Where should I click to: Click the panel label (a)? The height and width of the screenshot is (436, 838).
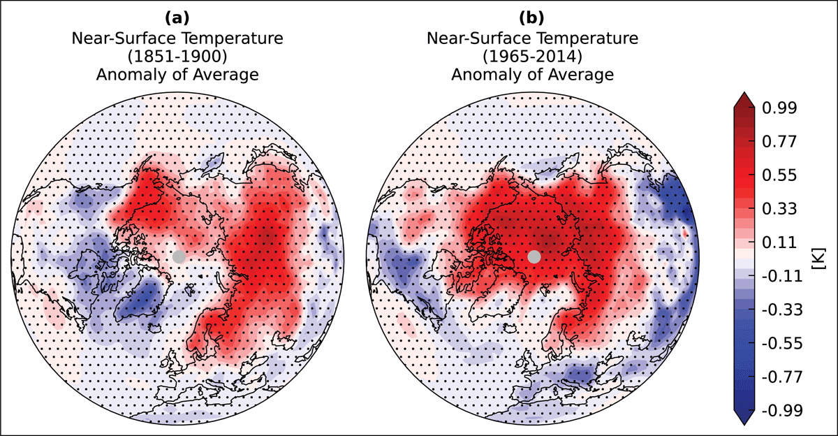coord(177,18)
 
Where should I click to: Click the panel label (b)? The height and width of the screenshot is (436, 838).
coord(532,18)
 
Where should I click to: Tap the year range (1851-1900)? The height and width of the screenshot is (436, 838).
coord(177,57)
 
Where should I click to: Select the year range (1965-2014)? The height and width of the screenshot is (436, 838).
coord(532,57)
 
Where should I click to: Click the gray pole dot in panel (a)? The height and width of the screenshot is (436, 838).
coord(179,256)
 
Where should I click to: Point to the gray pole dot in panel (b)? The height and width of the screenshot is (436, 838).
coord(534,256)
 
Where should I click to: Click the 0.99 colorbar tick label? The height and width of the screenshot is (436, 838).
coord(779,108)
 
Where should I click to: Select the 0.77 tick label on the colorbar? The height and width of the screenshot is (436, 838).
coord(779,142)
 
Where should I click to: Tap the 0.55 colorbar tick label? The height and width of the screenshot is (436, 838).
coord(779,175)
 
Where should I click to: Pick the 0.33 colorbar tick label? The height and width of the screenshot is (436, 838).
coord(779,209)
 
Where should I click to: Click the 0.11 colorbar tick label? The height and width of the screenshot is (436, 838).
coord(779,242)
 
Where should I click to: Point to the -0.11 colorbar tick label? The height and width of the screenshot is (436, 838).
coord(783,276)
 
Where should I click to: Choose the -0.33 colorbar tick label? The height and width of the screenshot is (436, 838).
coord(783,310)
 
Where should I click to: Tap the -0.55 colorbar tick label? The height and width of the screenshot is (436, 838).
coord(783,344)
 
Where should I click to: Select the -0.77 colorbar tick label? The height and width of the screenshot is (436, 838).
coord(783,377)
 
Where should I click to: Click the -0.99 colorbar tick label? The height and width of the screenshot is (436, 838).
coord(783,411)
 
